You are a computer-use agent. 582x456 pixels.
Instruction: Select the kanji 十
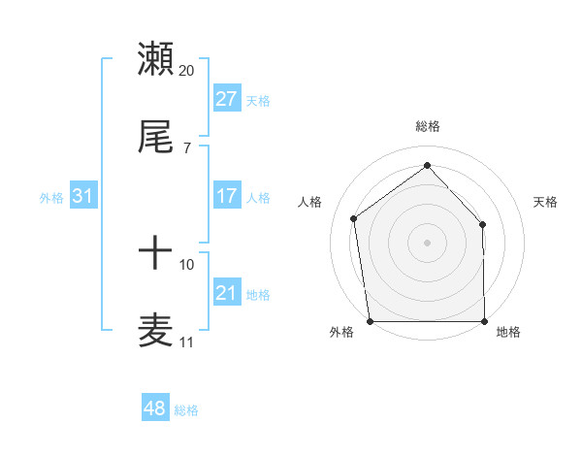(x=156, y=254)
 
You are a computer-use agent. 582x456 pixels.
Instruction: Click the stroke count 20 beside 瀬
(x=187, y=70)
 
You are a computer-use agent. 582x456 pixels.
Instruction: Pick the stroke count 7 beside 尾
(x=187, y=148)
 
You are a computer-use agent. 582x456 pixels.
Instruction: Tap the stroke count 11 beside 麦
(x=187, y=342)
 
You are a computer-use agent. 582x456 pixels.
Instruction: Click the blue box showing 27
(x=227, y=99)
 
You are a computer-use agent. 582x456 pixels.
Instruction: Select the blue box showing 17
(x=227, y=196)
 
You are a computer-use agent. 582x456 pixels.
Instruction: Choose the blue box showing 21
(x=227, y=293)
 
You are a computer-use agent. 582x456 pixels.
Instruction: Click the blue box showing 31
(x=83, y=196)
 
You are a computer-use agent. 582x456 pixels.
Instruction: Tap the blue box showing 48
(x=155, y=409)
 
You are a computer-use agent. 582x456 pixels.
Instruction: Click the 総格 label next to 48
(x=186, y=410)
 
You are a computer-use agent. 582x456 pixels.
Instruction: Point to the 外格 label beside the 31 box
(x=51, y=197)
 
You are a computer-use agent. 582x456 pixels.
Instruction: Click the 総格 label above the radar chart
(x=427, y=126)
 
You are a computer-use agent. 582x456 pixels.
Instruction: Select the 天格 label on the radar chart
(x=546, y=202)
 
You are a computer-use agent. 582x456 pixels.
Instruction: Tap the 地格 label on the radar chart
(x=508, y=332)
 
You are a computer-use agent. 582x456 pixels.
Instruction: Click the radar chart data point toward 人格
(x=354, y=218)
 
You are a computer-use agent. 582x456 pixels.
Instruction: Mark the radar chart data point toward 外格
(x=370, y=320)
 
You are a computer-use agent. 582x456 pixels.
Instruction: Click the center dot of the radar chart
(x=427, y=242)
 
